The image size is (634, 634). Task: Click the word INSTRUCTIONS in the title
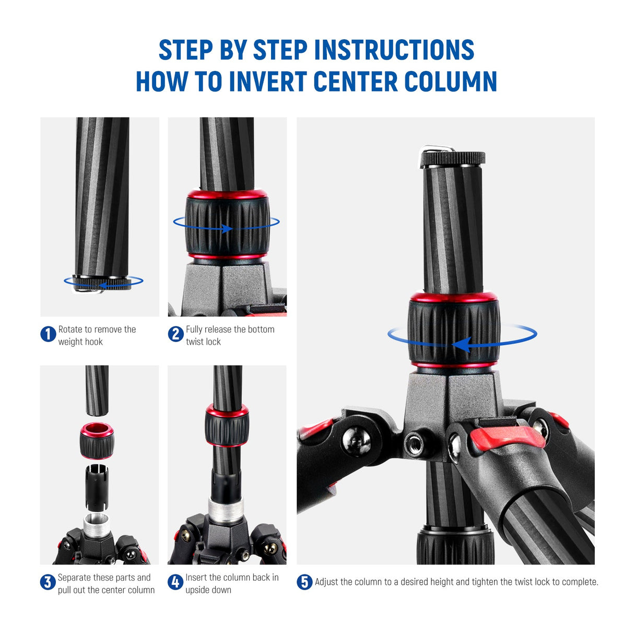[394, 50]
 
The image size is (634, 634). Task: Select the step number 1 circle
[48, 334]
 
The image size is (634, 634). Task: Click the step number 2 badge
[175, 334]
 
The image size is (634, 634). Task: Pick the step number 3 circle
[48, 582]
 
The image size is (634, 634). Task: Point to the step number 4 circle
[175, 582]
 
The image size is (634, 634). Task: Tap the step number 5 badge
[304, 582]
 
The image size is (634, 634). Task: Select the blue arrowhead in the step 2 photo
[227, 228]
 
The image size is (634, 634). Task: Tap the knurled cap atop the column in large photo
[453, 158]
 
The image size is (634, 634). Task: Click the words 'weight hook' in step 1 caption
[80, 342]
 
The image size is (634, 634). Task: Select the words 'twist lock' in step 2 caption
[203, 342]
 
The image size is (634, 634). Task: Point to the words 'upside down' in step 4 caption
[208, 590]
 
